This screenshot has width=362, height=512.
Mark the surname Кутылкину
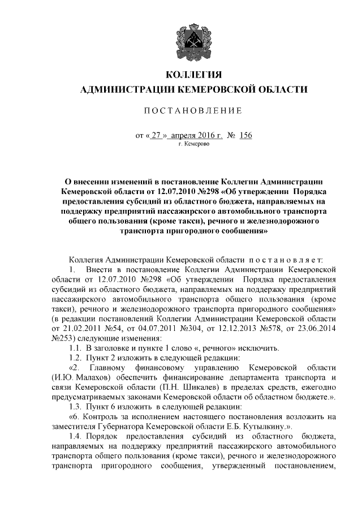click(x=264, y=427)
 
